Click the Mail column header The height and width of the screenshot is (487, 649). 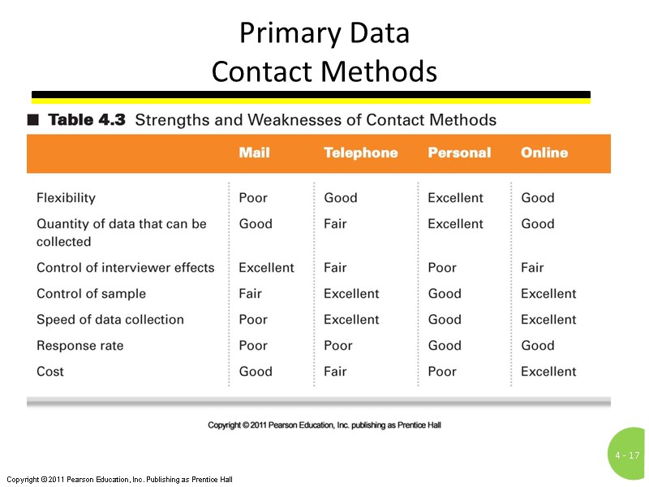tap(254, 153)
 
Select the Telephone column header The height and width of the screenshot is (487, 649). tap(360, 153)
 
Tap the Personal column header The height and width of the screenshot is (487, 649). tap(459, 153)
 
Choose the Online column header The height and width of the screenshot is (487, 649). tap(544, 153)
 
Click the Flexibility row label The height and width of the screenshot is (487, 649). tap(66, 198)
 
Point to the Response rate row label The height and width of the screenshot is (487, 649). tap(80, 346)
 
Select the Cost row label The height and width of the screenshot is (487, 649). tap(50, 372)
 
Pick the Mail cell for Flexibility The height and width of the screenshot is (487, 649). tap(253, 198)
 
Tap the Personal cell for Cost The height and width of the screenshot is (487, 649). tap(442, 372)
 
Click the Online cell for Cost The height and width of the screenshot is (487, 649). tap(548, 372)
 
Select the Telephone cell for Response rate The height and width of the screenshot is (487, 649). tap(337, 346)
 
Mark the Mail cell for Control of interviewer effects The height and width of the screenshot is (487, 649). tap(266, 268)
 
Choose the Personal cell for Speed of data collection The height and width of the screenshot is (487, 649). tap(445, 320)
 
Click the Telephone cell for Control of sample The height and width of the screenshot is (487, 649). tap(351, 294)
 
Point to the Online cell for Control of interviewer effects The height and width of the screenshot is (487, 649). tap(532, 268)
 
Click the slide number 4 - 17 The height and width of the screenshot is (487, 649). tap(628, 455)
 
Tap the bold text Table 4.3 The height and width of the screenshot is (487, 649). tap(87, 120)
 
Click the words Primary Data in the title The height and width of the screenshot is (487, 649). tap(324, 34)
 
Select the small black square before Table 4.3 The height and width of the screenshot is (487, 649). tap(32, 120)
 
